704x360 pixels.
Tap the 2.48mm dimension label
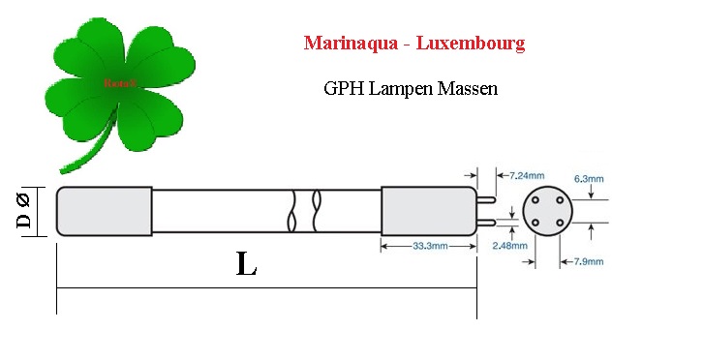pyautogui.click(x=510, y=246)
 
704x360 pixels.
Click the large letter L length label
pyautogui.click(x=247, y=264)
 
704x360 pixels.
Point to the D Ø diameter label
pyautogui.click(x=23, y=211)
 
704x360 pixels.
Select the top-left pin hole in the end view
pyautogui.click(x=536, y=200)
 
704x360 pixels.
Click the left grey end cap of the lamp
pyautogui.click(x=104, y=211)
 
